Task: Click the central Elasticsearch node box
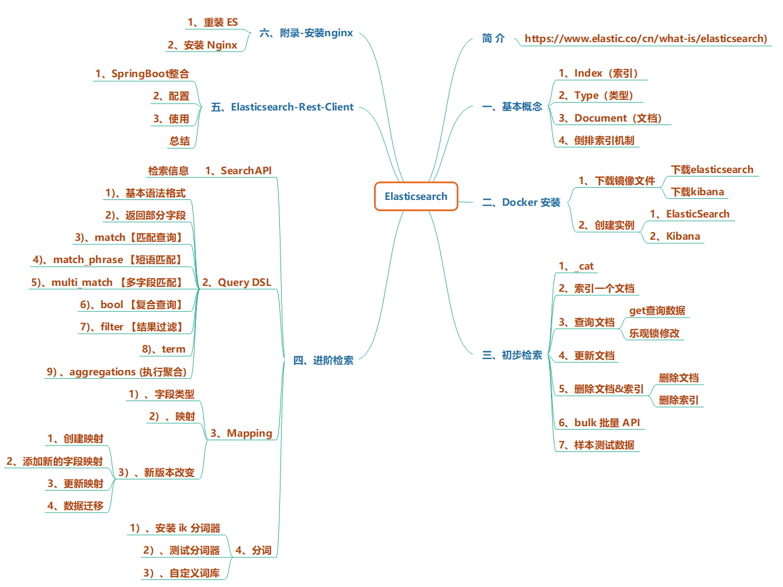click(415, 196)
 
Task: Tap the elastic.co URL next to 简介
click(646, 39)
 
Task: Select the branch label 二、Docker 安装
click(521, 202)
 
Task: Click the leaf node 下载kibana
click(697, 192)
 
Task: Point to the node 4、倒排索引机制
click(596, 140)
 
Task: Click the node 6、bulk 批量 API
click(599, 423)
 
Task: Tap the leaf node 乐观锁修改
click(654, 333)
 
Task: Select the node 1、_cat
click(576, 266)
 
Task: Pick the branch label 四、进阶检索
click(323, 360)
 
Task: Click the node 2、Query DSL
click(237, 282)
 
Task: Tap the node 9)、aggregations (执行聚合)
click(117, 372)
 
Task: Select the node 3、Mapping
click(241, 433)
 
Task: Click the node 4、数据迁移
click(75, 506)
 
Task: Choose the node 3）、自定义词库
click(182, 573)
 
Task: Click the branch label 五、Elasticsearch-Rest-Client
click(282, 107)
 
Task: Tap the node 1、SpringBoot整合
click(142, 74)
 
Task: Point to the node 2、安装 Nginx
click(202, 45)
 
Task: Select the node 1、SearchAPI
click(238, 171)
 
